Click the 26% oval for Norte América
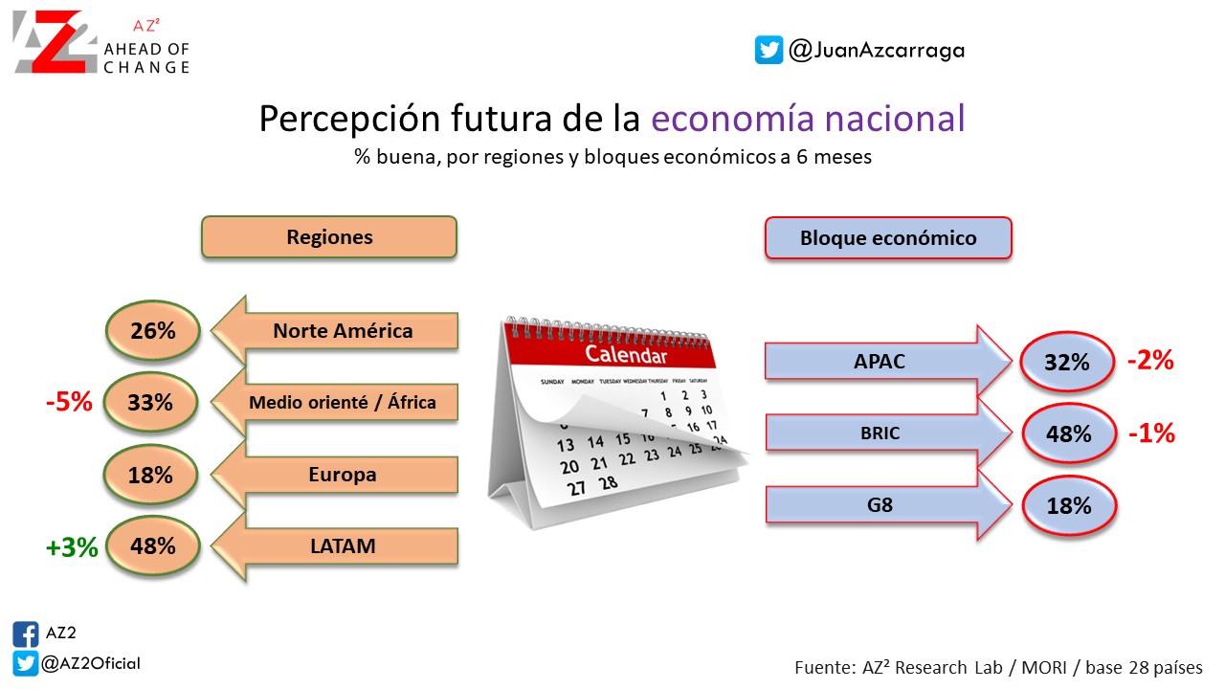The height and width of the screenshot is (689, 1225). click(153, 330)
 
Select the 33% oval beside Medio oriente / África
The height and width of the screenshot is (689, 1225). click(150, 402)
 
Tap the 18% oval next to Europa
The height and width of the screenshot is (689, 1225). click(150, 474)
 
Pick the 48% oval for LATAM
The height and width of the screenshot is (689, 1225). click(153, 545)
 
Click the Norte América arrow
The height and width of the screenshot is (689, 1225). click(335, 330)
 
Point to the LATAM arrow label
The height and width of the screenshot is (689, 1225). click(343, 545)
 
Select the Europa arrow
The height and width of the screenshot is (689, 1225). click(335, 474)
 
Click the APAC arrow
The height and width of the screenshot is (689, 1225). click(889, 361)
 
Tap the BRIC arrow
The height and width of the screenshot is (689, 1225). click(889, 433)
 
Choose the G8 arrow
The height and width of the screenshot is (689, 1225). click(889, 504)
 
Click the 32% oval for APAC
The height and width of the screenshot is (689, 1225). click(1067, 362)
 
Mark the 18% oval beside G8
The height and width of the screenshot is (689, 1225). click(1069, 505)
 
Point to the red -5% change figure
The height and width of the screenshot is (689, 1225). click(70, 402)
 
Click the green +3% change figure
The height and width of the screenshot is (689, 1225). click(72, 546)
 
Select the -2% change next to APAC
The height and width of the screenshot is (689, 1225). click(1151, 361)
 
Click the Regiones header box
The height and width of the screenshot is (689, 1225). click(329, 236)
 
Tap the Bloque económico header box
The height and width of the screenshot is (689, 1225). click(889, 238)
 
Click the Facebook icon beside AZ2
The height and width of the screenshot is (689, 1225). click(26, 634)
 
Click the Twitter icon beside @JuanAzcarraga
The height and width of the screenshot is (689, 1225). click(768, 50)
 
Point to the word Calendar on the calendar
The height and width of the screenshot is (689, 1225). click(626, 354)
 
